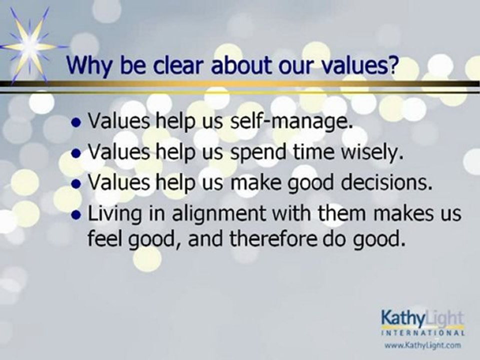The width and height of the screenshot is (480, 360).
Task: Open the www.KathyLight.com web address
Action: click(x=422, y=345)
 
